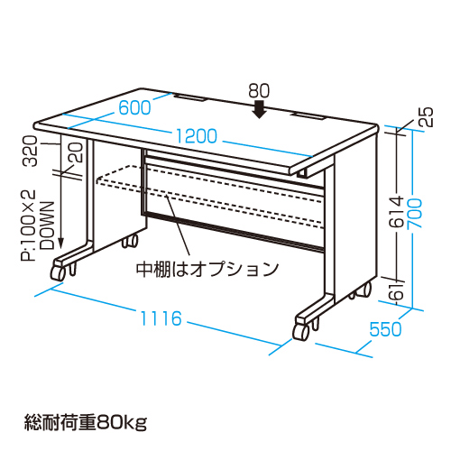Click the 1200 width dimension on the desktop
(x=196, y=136)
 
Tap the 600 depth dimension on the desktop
(x=134, y=107)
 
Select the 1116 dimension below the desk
(x=161, y=318)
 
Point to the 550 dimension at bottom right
(x=385, y=329)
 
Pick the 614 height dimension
(x=396, y=211)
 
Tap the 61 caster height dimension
(x=396, y=290)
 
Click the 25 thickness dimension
(x=426, y=117)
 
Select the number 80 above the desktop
(x=259, y=90)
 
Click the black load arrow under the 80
(x=259, y=110)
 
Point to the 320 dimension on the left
(x=31, y=151)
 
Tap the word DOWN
(x=47, y=225)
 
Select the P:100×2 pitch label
(x=28, y=225)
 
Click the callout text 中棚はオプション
(x=207, y=269)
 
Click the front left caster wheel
(x=59, y=272)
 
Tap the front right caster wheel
(x=301, y=332)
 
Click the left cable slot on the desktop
(x=189, y=98)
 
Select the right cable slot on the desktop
(x=308, y=117)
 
